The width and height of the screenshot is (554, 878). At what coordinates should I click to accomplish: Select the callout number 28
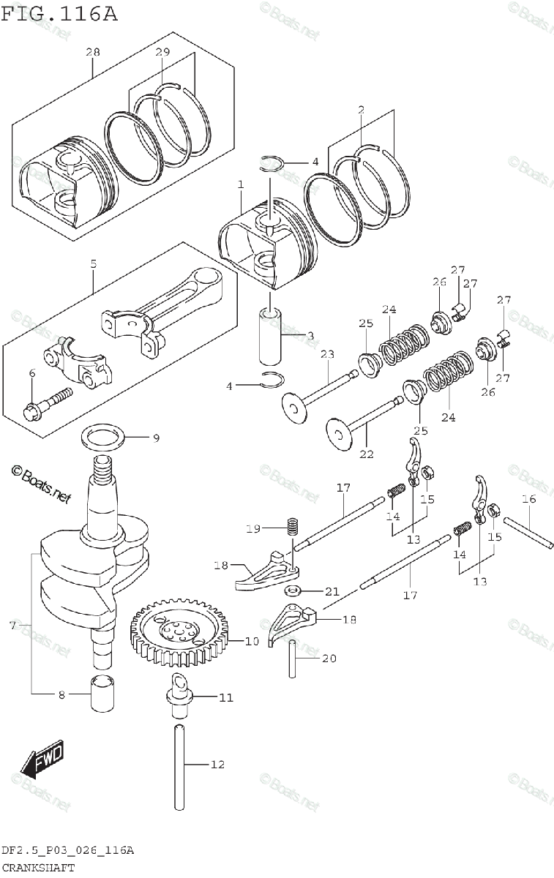click(x=93, y=52)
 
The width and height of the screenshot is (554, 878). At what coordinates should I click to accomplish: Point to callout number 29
click(x=162, y=52)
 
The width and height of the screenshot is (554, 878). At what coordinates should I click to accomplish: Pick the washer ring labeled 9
click(x=101, y=438)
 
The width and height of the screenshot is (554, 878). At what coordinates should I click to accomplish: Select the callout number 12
click(x=217, y=765)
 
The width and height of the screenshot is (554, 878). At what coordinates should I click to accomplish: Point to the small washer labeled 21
click(x=292, y=590)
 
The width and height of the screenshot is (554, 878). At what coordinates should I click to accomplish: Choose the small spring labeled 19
click(x=292, y=526)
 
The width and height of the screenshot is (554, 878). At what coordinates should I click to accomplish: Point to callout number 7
click(x=12, y=626)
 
